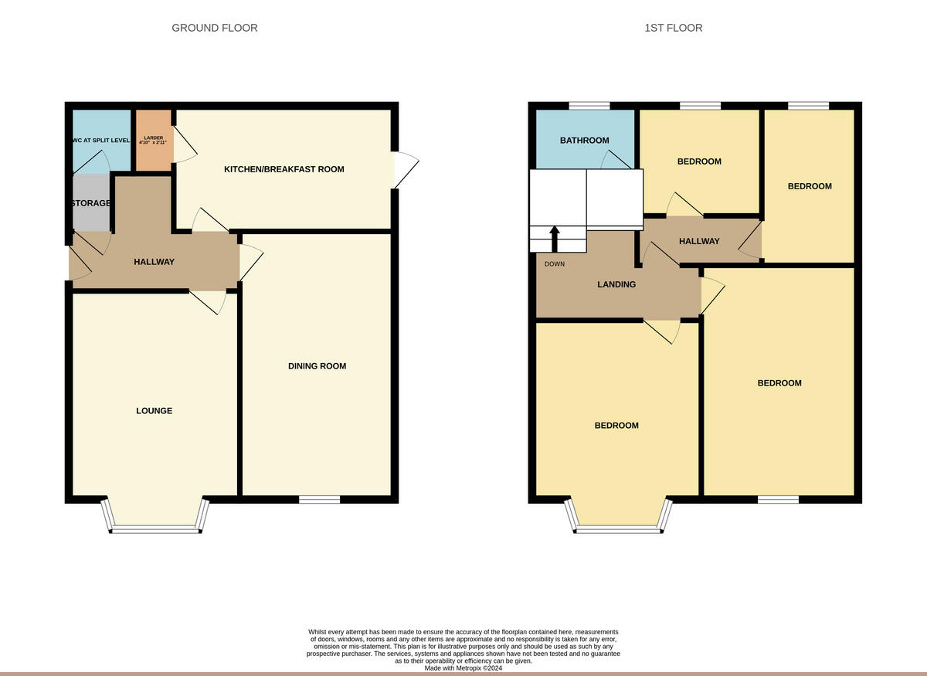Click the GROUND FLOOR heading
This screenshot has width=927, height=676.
point(215,28)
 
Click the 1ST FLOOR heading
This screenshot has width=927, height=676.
point(674,28)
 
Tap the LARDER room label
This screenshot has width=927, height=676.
point(153,140)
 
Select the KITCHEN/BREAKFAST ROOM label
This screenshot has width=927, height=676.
point(284,169)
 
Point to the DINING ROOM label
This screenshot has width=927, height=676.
point(317,366)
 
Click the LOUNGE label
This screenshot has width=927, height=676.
point(154,411)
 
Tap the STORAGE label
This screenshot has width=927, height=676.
point(91,203)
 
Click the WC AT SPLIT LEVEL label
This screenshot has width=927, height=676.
point(101,141)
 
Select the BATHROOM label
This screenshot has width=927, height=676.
point(584,141)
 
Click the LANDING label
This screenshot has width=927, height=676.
point(616,284)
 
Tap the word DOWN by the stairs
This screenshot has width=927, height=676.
point(555,264)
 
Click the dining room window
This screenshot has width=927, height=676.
point(319,500)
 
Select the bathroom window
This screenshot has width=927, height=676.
point(589,106)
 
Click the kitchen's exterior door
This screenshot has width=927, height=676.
point(405,169)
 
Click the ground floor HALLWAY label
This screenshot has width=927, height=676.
point(154,262)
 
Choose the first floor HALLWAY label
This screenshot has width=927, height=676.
point(699,241)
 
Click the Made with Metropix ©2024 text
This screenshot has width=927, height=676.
point(463,668)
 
